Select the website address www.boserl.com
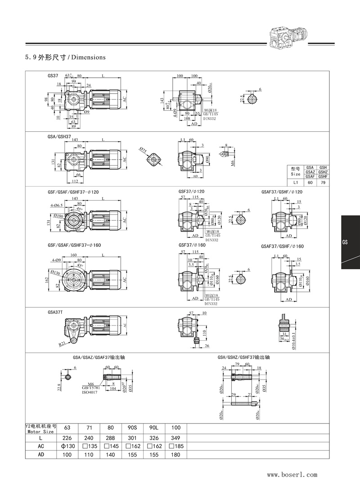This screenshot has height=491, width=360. pos(292,474)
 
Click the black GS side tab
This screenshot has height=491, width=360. pos(350,242)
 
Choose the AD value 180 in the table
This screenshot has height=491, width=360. pos(175,455)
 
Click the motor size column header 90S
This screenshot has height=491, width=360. pos(132,428)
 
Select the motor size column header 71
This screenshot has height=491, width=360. pos(88,428)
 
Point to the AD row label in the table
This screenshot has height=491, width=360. pos(40,455)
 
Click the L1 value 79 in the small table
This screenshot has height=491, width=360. pos(323,183)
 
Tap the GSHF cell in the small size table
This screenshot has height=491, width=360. pos(323,177)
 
